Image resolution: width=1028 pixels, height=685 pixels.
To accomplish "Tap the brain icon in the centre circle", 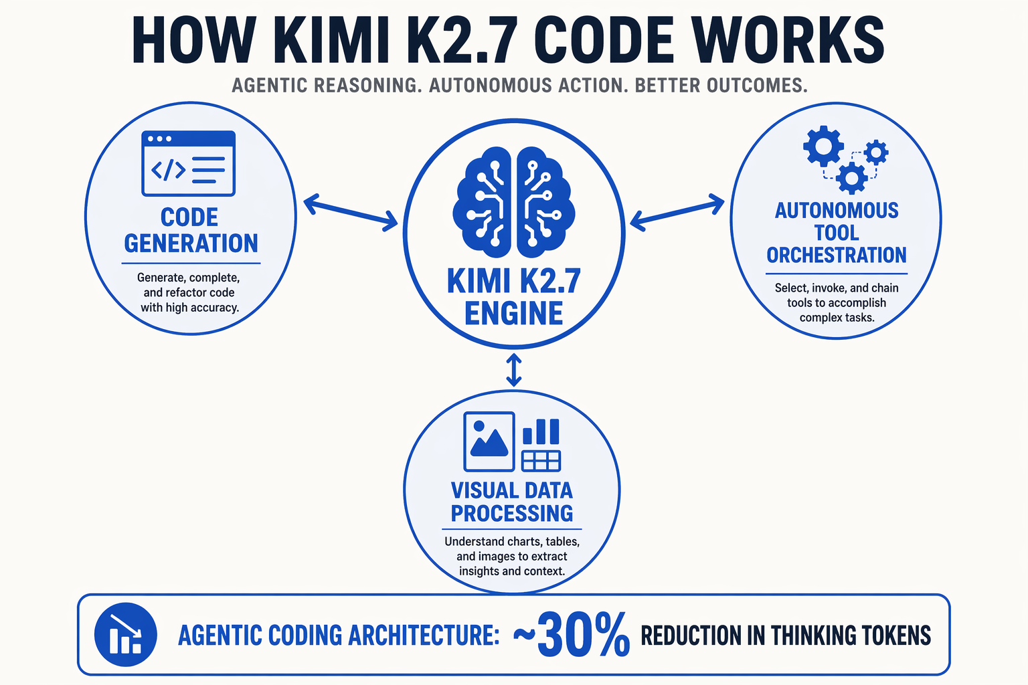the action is pos(513,202).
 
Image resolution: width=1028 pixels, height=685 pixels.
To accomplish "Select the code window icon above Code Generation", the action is pos(189,163).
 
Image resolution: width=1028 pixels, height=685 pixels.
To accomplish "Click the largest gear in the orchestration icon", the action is pos(823,146).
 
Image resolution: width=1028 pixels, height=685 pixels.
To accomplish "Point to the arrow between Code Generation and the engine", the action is pos(351,213).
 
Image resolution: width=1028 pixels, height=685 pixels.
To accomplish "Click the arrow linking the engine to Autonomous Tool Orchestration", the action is pos(677,212).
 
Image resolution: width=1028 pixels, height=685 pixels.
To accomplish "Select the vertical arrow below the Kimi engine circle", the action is pos(513,369).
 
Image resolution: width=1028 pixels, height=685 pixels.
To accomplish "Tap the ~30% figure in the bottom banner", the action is pos(572,635).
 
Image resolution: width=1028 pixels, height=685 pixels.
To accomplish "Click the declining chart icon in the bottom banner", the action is pos(126,635).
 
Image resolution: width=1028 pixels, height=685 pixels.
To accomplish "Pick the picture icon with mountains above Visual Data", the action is pos(489,442).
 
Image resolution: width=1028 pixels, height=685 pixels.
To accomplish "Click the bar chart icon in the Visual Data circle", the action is pos(541,431).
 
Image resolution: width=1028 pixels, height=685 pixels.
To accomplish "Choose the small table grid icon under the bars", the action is pos(541,461).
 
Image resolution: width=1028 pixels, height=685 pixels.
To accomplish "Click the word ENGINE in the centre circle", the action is pos(513,313).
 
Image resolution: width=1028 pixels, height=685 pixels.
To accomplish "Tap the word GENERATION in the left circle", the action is pos(191,243).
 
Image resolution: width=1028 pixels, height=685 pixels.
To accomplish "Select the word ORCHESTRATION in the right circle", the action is pos(837,255).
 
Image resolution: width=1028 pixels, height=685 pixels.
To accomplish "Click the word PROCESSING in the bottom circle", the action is pos(512,513).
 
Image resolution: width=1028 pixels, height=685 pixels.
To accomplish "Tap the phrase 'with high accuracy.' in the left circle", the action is pos(190,308).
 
